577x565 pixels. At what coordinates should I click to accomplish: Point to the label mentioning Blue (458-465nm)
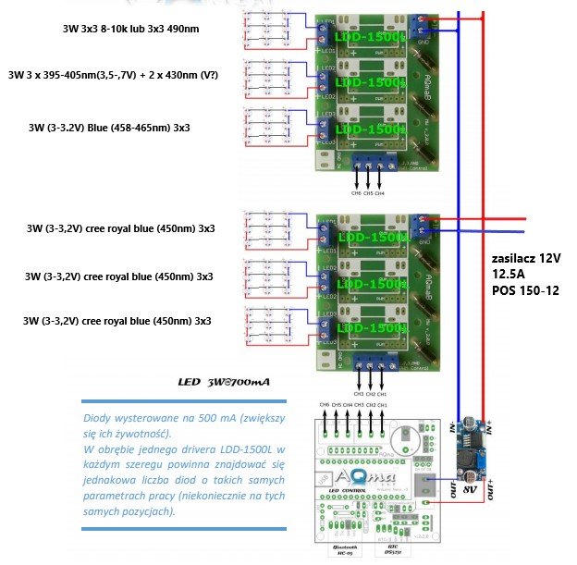116,128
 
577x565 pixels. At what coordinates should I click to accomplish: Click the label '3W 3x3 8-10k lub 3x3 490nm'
129,29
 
